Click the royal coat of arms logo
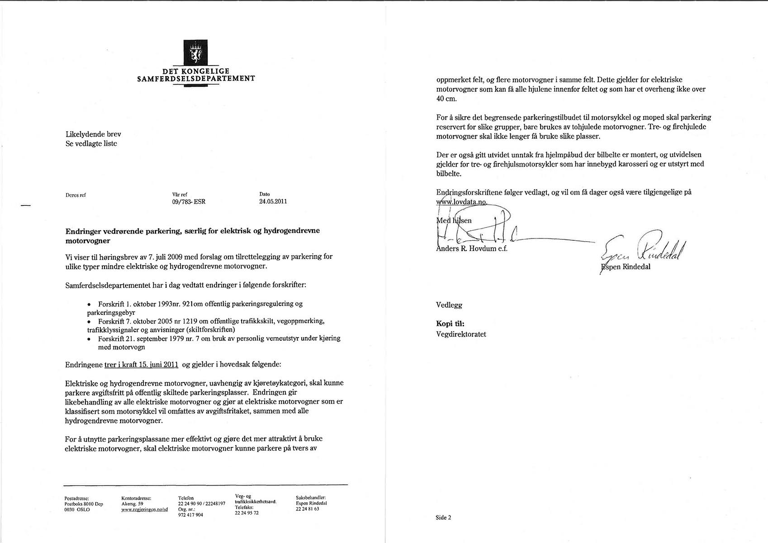point(196,53)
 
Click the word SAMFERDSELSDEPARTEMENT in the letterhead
point(196,78)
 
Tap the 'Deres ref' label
point(76,195)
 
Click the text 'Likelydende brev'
point(93,134)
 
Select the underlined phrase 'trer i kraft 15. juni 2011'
point(141,364)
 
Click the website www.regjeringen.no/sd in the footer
point(144,509)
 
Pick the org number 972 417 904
point(190,515)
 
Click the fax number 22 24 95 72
point(247,513)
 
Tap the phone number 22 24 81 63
point(307,509)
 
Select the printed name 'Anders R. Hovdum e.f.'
point(472,248)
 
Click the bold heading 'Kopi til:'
point(450,324)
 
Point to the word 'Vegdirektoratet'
point(461,334)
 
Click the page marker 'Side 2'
point(443,518)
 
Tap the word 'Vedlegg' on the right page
point(449,305)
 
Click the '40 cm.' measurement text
point(446,99)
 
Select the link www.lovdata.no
point(461,202)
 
